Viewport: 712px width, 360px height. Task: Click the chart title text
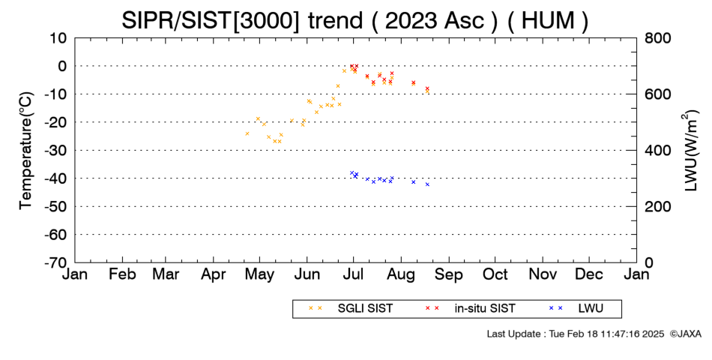(355, 20)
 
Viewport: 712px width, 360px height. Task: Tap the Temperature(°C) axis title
(26, 151)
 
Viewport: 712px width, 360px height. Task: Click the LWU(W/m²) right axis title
(690, 151)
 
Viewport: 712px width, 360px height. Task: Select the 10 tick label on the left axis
(58, 37)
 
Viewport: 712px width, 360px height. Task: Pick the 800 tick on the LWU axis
(657, 37)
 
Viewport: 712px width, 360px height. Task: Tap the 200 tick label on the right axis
(657, 206)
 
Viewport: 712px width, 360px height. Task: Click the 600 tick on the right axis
(657, 94)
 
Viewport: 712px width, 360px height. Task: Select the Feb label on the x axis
(122, 274)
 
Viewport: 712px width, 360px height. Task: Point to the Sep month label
(449, 274)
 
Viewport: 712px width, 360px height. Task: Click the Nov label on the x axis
(543, 274)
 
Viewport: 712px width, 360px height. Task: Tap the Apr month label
(213, 274)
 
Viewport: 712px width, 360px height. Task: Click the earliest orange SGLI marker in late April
(247, 133)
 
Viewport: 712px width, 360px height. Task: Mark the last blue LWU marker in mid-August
(427, 184)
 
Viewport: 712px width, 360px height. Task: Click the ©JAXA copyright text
(685, 334)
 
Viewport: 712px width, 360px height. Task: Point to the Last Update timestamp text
(576, 334)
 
